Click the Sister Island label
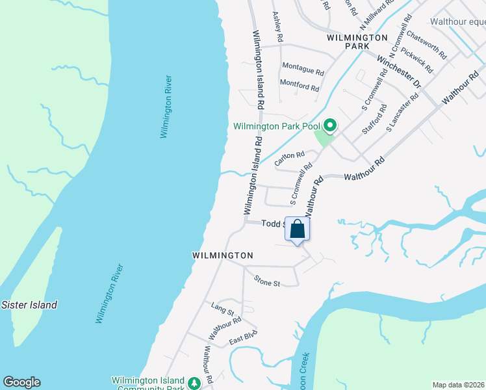29,304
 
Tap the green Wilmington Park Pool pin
329,124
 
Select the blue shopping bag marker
297,229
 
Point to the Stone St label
266,283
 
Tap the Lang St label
223,305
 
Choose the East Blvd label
244,337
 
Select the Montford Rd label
299,85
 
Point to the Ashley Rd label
278,27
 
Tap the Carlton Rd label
289,158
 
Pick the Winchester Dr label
399,72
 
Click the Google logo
21,382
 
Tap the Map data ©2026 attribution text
458,385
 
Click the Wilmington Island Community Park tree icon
194,382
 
